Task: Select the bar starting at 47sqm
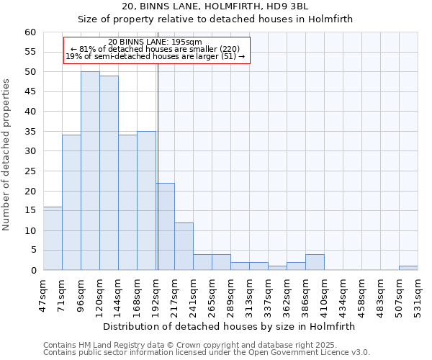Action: click(x=53, y=238)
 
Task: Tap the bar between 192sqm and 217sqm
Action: click(x=165, y=226)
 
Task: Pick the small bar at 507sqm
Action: click(x=408, y=268)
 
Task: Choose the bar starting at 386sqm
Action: click(x=315, y=262)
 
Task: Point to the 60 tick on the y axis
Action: click(x=30, y=32)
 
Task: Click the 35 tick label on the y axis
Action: click(x=30, y=132)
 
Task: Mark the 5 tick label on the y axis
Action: click(x=32, y=251)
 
